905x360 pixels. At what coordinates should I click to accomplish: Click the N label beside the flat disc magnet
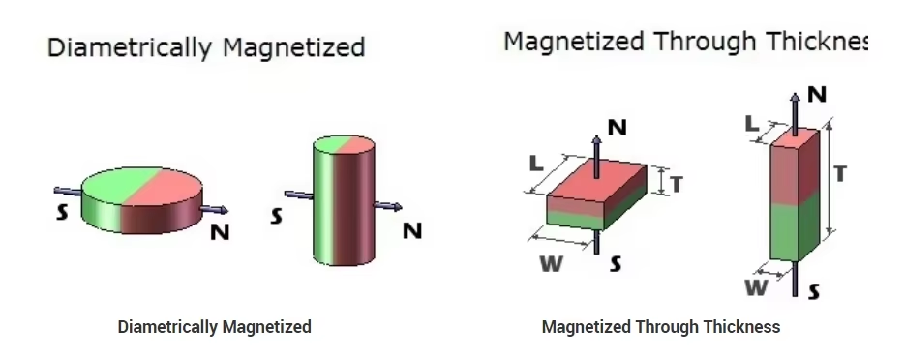(220, 232)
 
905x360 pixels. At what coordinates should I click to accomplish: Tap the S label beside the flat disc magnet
(62, 212)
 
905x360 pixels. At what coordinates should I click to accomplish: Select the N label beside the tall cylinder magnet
(412, 230)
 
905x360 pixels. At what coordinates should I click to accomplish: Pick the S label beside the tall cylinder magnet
(277, 217)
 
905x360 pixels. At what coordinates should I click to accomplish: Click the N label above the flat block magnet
(618, 128)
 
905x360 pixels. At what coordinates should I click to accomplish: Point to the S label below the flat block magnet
(616, 263)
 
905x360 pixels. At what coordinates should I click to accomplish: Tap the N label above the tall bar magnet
(817, 94)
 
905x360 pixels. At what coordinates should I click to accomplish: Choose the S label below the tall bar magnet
(813, 292)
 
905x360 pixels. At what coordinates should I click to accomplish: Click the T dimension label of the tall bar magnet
(840, 173)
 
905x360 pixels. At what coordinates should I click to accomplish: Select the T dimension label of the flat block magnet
(676, 184)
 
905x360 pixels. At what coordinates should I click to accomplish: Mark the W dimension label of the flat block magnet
(551, 263)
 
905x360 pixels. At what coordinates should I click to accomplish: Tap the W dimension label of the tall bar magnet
(756, 287)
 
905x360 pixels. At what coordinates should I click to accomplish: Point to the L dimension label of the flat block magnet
(536, 164)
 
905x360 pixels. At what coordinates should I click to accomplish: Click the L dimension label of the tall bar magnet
(752, 124)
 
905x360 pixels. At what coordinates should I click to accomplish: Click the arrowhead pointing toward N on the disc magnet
(223, 210)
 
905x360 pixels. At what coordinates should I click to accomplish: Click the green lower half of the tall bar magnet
(794, 230)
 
